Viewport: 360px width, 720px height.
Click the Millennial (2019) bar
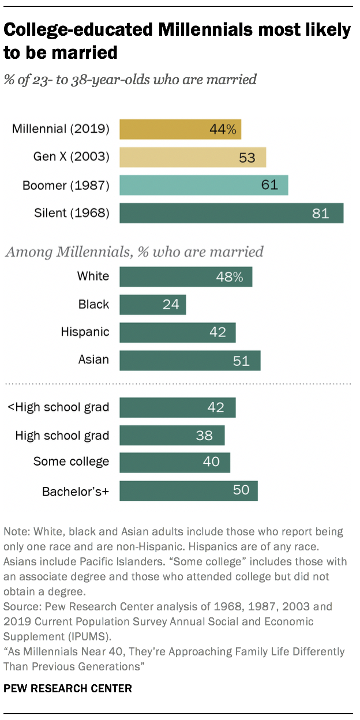(x=180, y=129)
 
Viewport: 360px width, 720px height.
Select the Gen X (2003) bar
(x=193, y=157)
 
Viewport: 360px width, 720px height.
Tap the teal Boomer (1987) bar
(x=204, y=185)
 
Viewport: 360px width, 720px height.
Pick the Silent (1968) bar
(x=231, y=213)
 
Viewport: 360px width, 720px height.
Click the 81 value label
(x=320, y=213)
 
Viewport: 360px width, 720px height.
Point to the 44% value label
(x=223, y=129)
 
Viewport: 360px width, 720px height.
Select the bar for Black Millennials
(x=153, y=304)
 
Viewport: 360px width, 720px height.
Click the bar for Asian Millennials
(x=190, y=361)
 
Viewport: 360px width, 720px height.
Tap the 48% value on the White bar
(x=229, y=276)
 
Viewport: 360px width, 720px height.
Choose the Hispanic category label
(x=85, y=332)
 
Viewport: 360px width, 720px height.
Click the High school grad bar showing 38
(x=172, y=435)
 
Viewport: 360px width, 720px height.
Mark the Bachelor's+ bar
(x=189, y=490)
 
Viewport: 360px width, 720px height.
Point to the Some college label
(x=71, y=462)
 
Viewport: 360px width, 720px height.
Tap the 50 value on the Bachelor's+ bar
(x=241, y=490)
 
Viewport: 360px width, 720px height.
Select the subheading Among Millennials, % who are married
(x=134, y=252)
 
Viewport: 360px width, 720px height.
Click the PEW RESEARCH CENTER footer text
(x=67, y=688)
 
